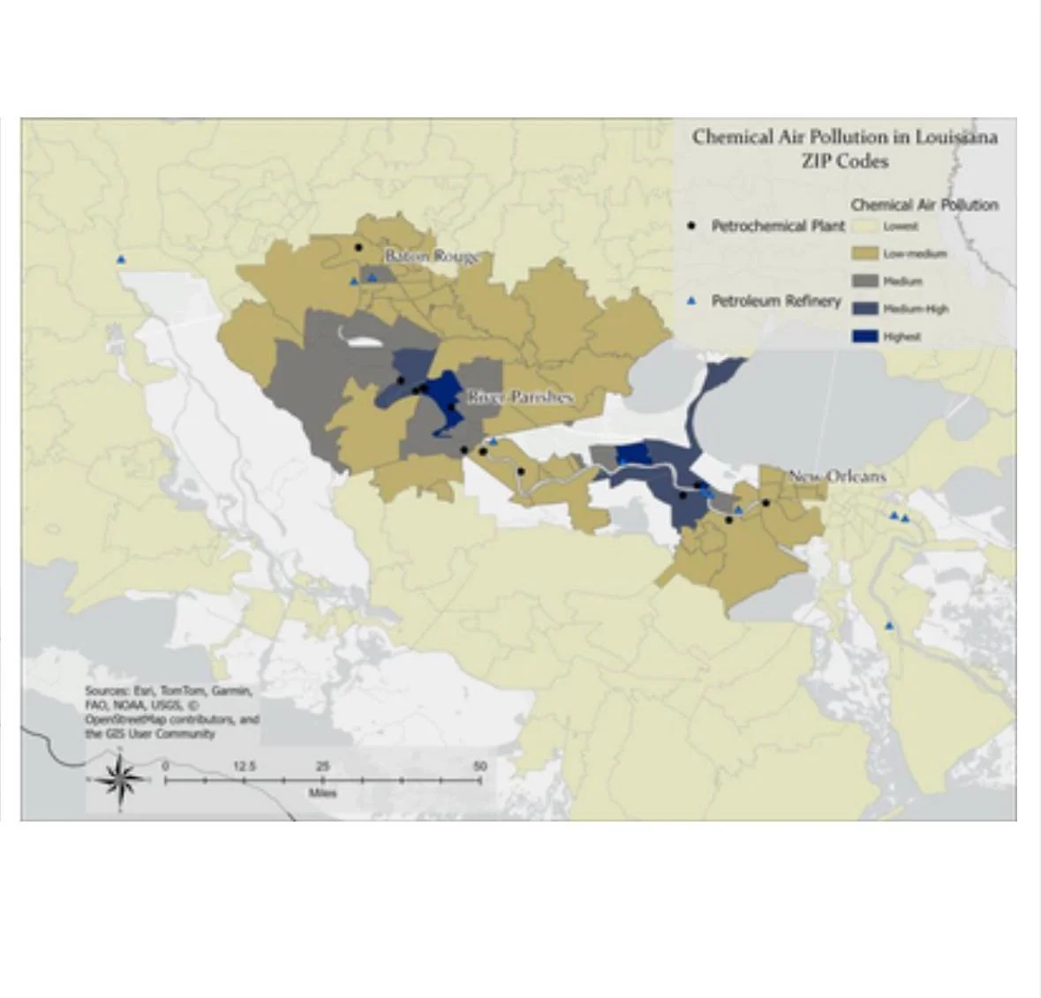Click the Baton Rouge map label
(x=432, y=256)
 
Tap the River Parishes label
(x=519, y=397)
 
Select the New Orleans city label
(x=836, y=476)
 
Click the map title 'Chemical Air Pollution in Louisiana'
(x=844, y=137)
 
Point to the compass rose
(x=120, y=779)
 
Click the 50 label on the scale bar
(x=479, y=766)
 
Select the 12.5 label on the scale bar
(x=245, y=766)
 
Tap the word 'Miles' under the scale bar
(x=322, y=793)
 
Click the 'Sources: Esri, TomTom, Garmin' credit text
(x=168, y=691)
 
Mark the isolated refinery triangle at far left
(x=121, y=259)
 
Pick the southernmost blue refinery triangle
(x=889, y=626)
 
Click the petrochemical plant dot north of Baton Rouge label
(x=358, y=247)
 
